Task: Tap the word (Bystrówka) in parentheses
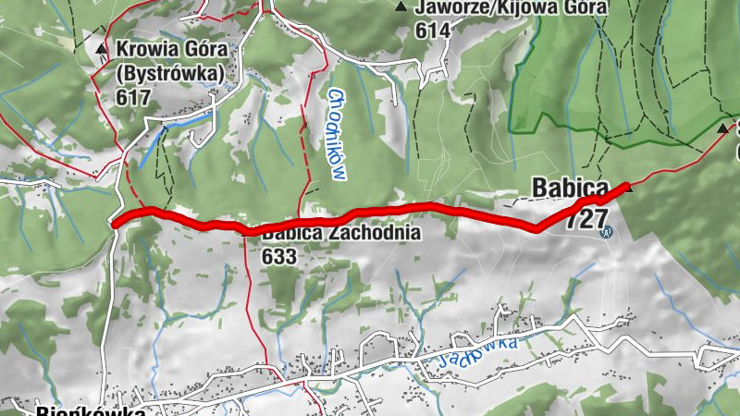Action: [x=170, y=71]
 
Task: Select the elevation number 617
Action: [x=133, y=95]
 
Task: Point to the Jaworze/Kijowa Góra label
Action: [x=512, y=7]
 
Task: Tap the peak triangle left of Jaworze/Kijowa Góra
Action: [x=401, y=7]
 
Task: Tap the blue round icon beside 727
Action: [x=606, y=233]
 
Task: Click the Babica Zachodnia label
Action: [x=340, y=234]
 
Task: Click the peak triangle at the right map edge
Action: [x=723, y=128]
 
